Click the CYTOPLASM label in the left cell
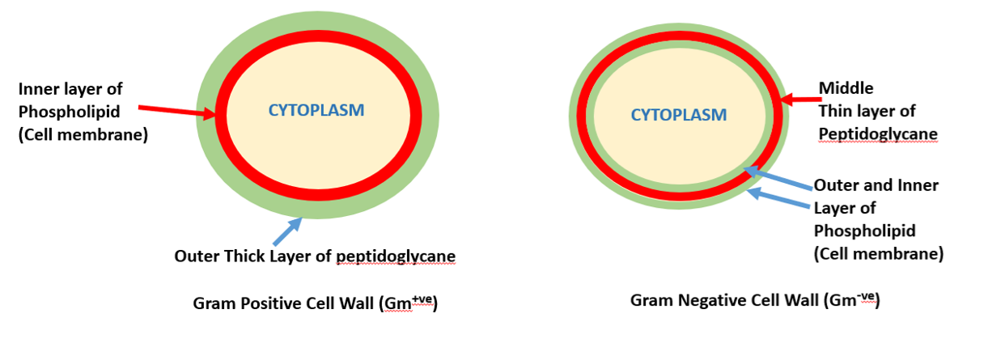pos(316,109)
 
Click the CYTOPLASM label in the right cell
pos(678,115)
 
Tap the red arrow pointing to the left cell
pos(177,112)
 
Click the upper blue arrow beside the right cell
pos(778,178)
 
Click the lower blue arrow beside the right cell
pos(779,200)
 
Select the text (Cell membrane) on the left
pos(83,135)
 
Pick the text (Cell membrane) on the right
pos(878,253)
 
